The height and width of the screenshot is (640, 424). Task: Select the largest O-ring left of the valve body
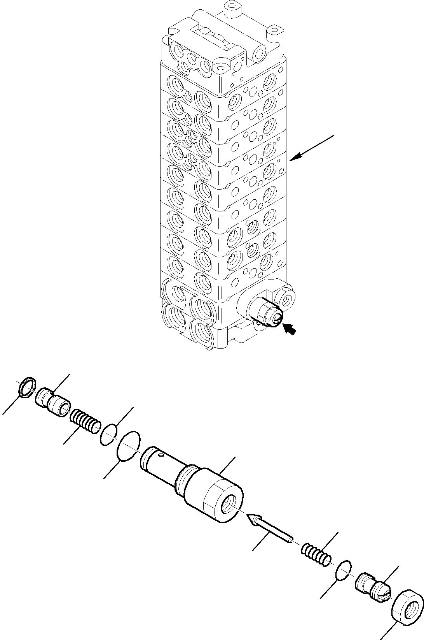click(129, 446)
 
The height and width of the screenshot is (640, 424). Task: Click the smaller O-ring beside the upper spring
click(108, 434)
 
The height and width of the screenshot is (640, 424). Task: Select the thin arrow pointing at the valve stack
click(311, 147)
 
